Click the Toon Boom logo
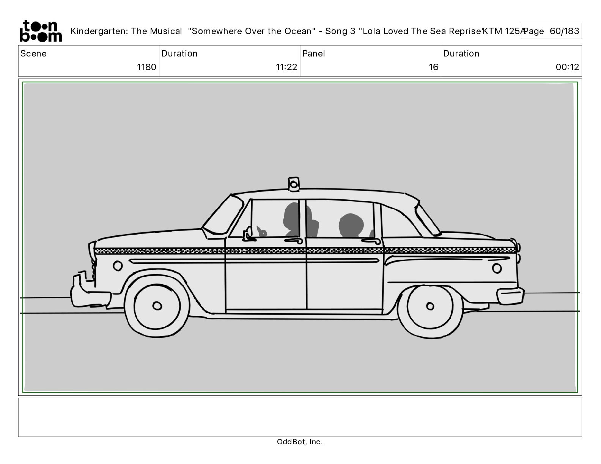(x=41, y=31)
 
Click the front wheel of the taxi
(x=157, y=305)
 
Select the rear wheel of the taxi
(x=430, y=306)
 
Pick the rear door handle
(x=373, y=241)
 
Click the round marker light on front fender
(x=118, y=266)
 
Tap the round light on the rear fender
(x=497, y=268)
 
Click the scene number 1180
(x=146, y=67)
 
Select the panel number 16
(x=433, y=67)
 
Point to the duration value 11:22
(x=286, y=67)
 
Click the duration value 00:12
(x=567, y=67)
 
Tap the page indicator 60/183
(x=565, y=31)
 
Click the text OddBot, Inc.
(x=300, y=442)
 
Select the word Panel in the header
(x=314, y=53)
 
